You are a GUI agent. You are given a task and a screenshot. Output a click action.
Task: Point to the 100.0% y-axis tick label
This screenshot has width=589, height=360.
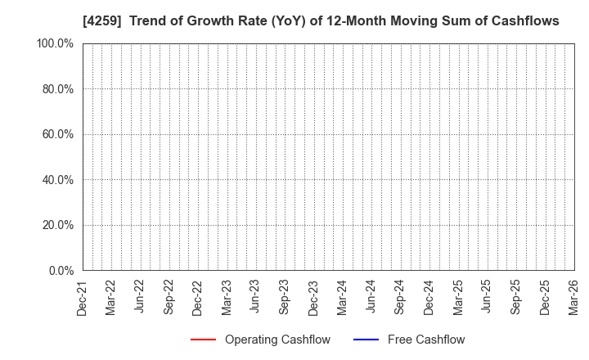click(55, 43)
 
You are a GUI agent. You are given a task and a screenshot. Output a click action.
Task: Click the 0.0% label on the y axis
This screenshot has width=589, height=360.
click(60, 271)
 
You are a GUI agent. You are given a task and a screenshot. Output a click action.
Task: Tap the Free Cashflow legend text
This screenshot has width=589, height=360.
click(426, 340)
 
